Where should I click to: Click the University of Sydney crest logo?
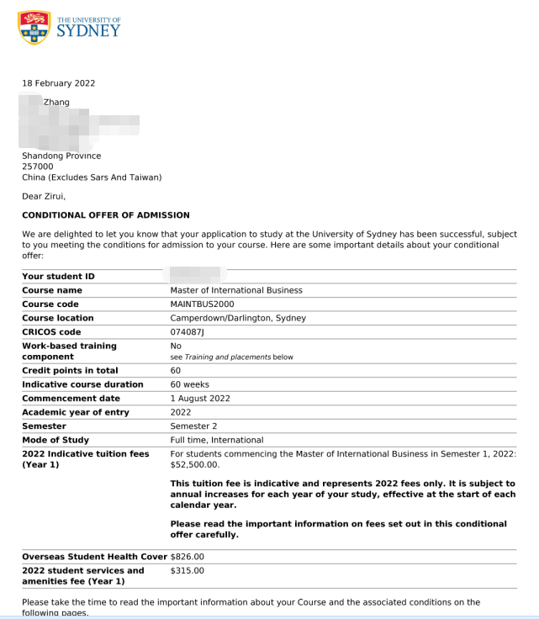coord(34,28)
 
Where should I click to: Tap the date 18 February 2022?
coord(58,83)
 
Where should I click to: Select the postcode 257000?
coord(38,167)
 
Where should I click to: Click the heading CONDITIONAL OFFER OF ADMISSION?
coord(106,215)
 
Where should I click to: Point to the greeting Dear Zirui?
coord(44,197)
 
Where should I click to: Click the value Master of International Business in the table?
coord(236,290)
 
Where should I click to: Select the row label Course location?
coord(58,318)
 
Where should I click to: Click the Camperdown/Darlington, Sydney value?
coord(238,318)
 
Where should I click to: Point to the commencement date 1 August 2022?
coord(200,398)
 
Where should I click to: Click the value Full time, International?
coord(217,440)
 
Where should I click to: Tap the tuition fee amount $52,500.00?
coord(195,464)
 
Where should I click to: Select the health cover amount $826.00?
coord(188,557)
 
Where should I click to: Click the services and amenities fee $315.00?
coord(188,571)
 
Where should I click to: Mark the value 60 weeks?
coord(188,384)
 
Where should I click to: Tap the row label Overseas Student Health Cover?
coord(95,557)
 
